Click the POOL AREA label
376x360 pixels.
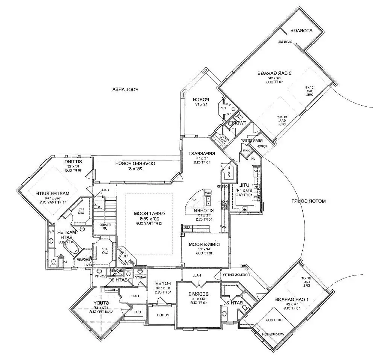(x=126, y=89)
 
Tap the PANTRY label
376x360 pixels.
(x=227, y=172)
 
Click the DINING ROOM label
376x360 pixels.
(x=205, y=244)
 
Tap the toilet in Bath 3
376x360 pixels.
(x=128, y=272)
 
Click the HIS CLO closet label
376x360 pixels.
(x=80, y=210)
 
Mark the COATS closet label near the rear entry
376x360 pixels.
(x=246, y=150)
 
